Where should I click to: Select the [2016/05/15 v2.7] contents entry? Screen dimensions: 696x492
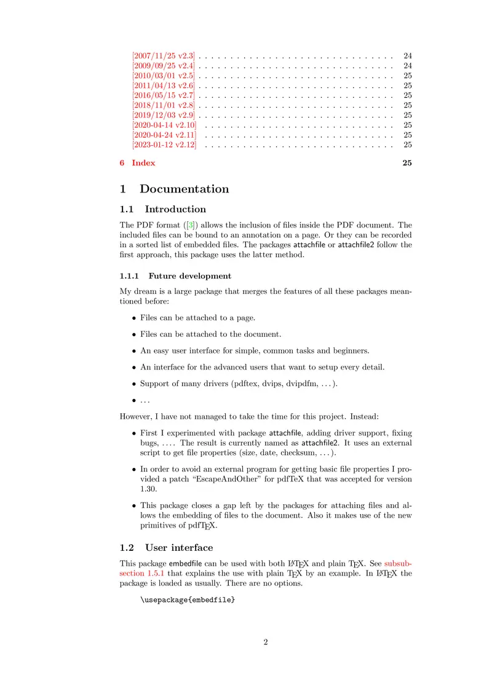pos(164,95)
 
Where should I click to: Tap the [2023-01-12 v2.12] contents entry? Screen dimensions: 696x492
pos(164,144)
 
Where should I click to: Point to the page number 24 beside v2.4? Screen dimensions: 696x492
pos(407,66)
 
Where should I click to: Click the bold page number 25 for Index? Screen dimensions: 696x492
pos(407,163)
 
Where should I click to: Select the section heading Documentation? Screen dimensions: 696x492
pos(184,189)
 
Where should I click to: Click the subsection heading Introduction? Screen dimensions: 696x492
pos(175,209)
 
